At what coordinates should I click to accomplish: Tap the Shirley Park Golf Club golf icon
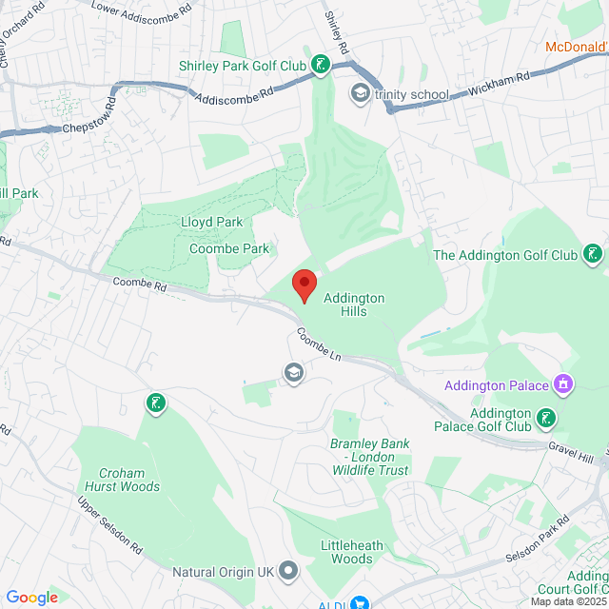coord(323,66)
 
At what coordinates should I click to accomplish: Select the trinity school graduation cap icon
coord(361,93)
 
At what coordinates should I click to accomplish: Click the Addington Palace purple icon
coord(563,384)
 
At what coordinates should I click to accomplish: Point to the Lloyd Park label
coord(211,222)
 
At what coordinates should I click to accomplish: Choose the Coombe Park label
coord(229,248)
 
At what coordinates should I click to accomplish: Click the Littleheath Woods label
coord(352,551)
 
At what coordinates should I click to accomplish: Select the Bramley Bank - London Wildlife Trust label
coord(368,457)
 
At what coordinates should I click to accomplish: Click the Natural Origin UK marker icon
coord(290,572)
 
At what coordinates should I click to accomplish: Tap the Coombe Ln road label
coord(318,344)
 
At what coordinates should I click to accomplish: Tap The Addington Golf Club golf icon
coord(593,254)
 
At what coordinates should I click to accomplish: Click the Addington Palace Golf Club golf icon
coord(546,418)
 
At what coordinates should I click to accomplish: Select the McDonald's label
coord(578,46)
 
